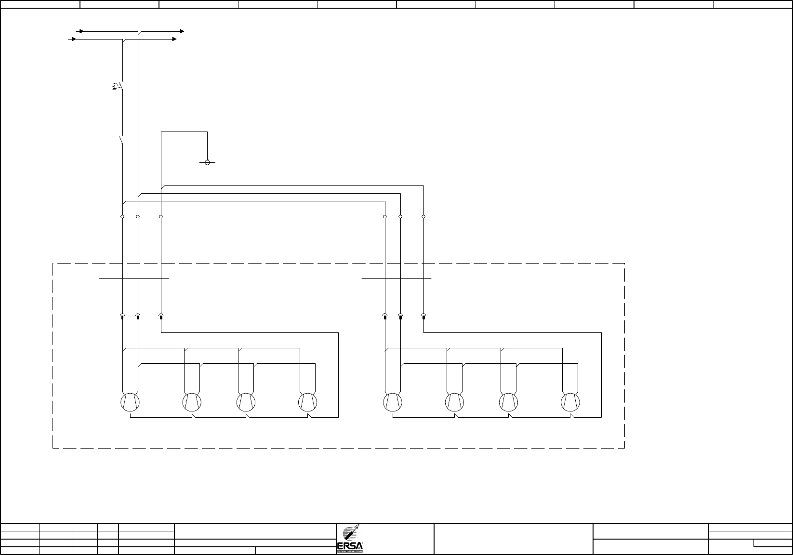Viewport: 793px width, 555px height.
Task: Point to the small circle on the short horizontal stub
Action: point(207,162)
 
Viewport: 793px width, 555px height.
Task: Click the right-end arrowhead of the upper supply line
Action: point(182,31)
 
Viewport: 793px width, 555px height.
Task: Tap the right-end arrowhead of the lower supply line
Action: point(174,39)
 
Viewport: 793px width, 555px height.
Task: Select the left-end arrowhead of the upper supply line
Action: point(82,31)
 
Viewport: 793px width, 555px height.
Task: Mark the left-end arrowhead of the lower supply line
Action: point(74,39)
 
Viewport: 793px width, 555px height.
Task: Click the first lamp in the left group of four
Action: point(130,402)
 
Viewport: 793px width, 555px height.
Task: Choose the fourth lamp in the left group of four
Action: point(307,402)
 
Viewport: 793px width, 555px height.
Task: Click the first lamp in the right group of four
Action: point(393,402)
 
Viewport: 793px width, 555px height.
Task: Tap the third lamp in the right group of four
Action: point(508,402)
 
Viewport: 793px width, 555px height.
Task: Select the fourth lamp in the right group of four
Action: point(570,402)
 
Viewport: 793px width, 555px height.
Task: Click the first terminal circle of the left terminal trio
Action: point(122,217)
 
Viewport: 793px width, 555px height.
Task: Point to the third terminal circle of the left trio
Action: point(161,217)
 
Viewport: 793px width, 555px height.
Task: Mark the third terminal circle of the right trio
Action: point(423,217)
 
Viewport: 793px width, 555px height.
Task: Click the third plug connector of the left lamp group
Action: point(161,317)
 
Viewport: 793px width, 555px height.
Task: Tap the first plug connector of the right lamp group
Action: point(385,317)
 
